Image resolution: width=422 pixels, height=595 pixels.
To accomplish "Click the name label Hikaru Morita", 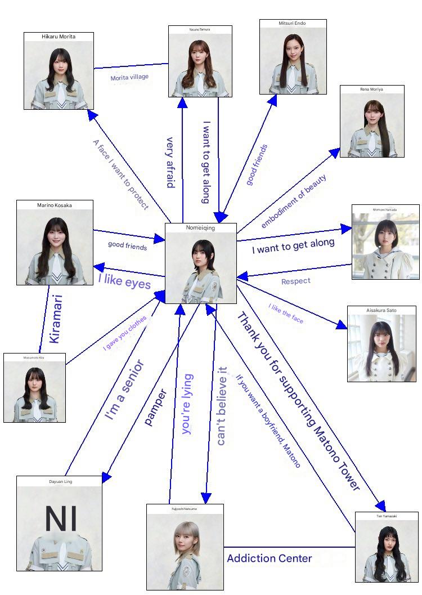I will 59,37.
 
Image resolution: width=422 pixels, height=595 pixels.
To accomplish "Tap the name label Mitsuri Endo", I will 293,23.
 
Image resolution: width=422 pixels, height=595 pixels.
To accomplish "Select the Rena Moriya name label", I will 372,89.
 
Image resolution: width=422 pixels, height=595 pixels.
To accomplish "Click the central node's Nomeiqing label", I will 200,228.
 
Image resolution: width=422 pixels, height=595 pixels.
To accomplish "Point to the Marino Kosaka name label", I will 55,205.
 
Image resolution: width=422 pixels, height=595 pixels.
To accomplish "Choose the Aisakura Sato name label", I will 381,311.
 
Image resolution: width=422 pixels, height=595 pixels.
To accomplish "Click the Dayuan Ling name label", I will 60,482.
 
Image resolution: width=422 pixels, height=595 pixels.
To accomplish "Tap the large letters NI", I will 61,520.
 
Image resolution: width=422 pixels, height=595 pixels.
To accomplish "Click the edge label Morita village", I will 129,77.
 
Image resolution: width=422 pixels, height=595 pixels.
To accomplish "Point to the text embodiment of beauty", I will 293,201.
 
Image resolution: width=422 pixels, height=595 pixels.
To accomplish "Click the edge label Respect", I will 295,281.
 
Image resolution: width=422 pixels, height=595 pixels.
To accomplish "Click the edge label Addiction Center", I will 269,558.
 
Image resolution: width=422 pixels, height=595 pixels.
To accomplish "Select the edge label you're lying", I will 187,404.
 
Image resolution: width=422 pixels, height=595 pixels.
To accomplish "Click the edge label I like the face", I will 286,314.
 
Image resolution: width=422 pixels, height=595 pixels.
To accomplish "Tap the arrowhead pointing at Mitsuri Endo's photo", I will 273,100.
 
